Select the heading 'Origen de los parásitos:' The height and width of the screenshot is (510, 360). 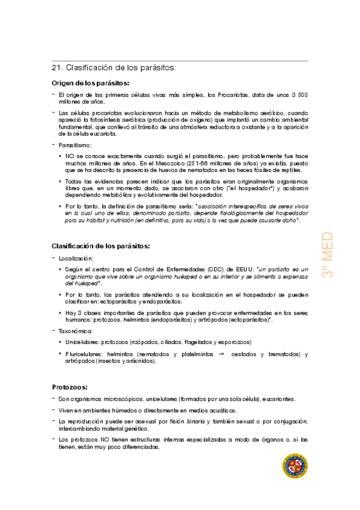[x=90, y=84]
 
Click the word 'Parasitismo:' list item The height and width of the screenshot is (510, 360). [x=75, y=145]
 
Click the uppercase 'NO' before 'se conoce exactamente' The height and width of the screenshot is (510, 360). [x=71, y=156]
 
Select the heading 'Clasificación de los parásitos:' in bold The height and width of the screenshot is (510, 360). [x=100, y=246]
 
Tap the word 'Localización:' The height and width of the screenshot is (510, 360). [x=76, y=257]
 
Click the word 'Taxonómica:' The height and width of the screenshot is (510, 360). [x=76, y=331]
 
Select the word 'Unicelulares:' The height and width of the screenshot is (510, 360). [x=84, y=342]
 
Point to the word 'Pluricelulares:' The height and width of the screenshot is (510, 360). [x=86, y=354]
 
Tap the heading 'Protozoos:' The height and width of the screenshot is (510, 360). [x=70, y=387]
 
